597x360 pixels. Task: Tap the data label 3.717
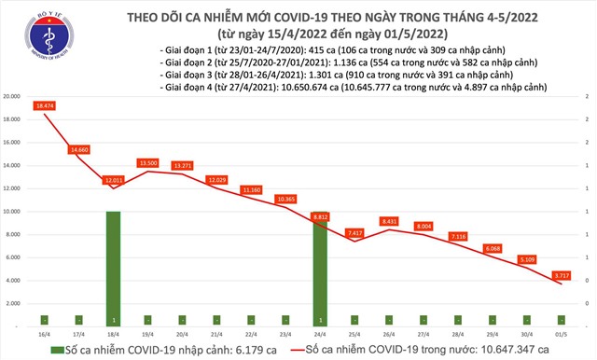[562, 275]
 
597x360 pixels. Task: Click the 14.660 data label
[79, 149]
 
